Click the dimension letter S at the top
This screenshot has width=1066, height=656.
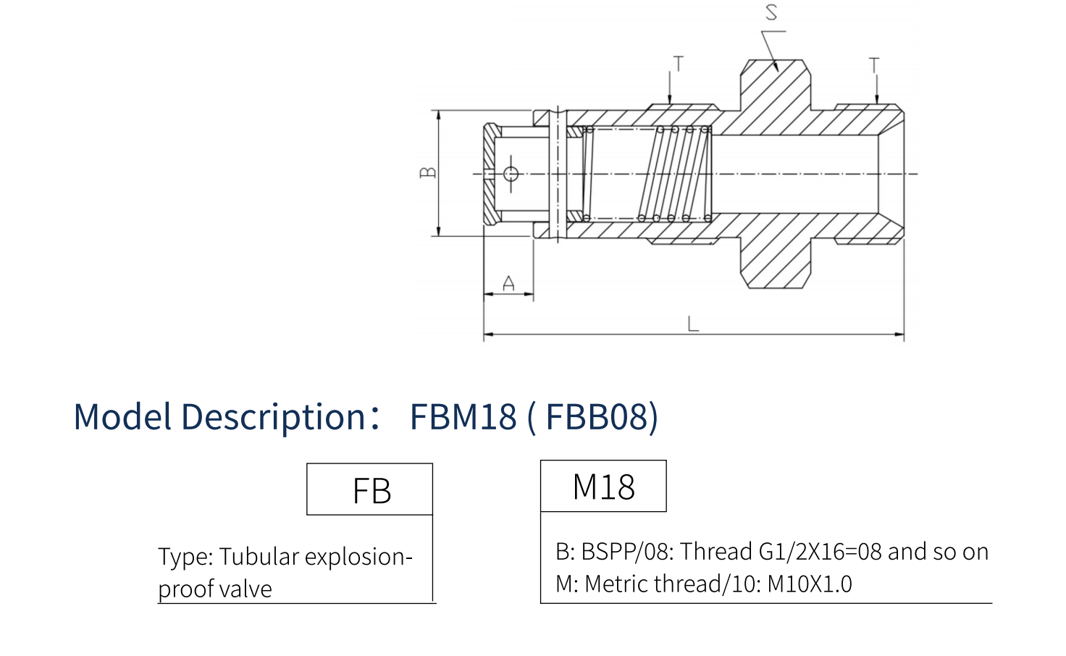click(x=771, y=12)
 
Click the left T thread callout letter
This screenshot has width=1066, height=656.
click(x=678, y=64)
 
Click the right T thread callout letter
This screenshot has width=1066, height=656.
click(x=874, y=66)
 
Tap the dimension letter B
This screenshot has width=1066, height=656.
click(x=428, y=172)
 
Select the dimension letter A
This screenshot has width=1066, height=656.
click(x=508, y=283)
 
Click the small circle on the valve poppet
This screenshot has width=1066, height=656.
click(x=511, y=173)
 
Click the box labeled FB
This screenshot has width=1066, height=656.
click(x=370, y=490)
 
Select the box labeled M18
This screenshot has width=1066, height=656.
click(x=603, y=487)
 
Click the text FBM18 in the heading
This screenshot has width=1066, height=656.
click(x=463, y=417)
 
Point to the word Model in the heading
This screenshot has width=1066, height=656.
click(x=123, y=417)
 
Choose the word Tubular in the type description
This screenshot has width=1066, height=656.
click(x=259, y=557)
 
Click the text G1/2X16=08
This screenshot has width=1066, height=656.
click(x=820, y=552)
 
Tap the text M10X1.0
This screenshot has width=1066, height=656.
click(x=810, y=584)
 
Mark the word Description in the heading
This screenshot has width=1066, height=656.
click(x=273, y=417)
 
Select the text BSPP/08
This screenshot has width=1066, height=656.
click(x=627, y=552)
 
